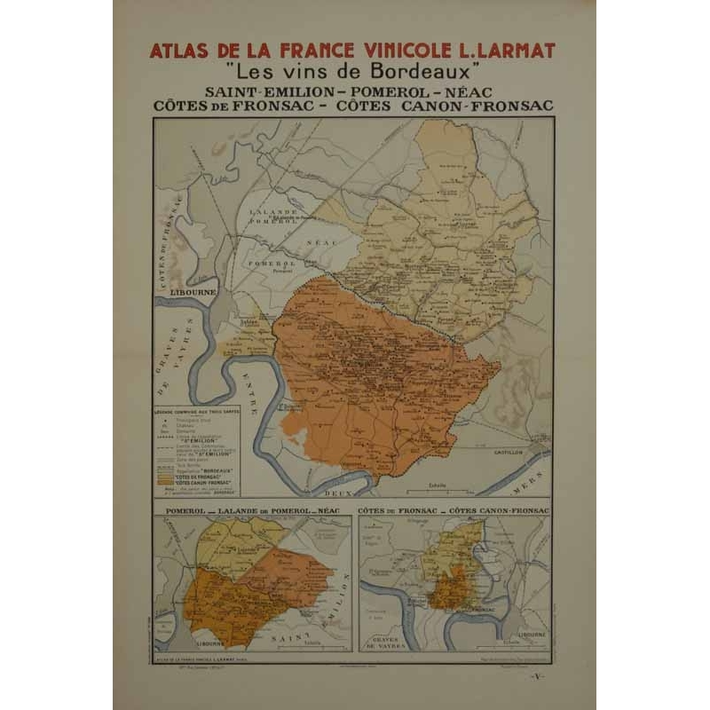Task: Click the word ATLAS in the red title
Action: (x=176, y=51)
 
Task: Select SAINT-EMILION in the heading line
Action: (x=259, y=91)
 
